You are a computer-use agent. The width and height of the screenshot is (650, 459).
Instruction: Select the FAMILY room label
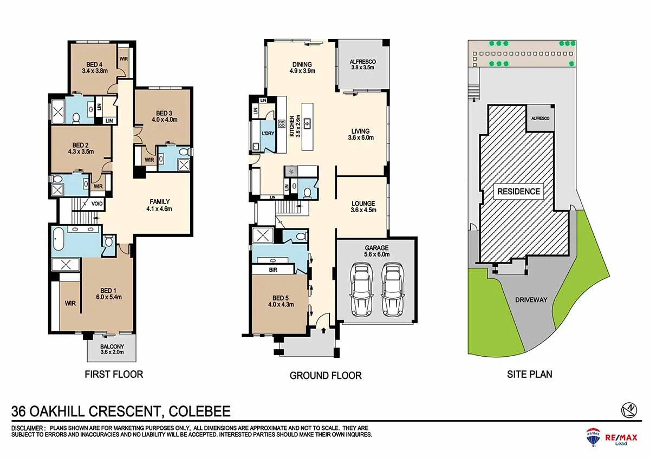(x=160, y=201)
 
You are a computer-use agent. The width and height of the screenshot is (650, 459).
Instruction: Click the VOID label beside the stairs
(x=98, y=204)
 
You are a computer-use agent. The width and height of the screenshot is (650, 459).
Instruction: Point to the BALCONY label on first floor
(x=112, y=346)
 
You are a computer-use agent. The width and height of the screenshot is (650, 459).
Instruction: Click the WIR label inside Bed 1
(x=70, y=303)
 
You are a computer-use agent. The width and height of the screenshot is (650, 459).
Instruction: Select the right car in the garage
(x=393, y=289)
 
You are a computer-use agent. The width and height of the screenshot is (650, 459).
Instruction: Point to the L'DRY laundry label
(x=267, y=133)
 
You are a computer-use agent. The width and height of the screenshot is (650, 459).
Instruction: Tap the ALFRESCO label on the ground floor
(x=362, y=62)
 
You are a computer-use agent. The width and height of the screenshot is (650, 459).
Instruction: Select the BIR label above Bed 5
(x=274, y=269)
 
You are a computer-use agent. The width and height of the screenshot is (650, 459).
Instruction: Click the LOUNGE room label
(x=363, y=204)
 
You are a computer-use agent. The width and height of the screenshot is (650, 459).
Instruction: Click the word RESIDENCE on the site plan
(x=518, y=191)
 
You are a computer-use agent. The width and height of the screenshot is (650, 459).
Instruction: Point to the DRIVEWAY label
(x=531, y=299)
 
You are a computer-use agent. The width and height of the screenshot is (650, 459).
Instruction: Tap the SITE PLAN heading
(x=529, y=373)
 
